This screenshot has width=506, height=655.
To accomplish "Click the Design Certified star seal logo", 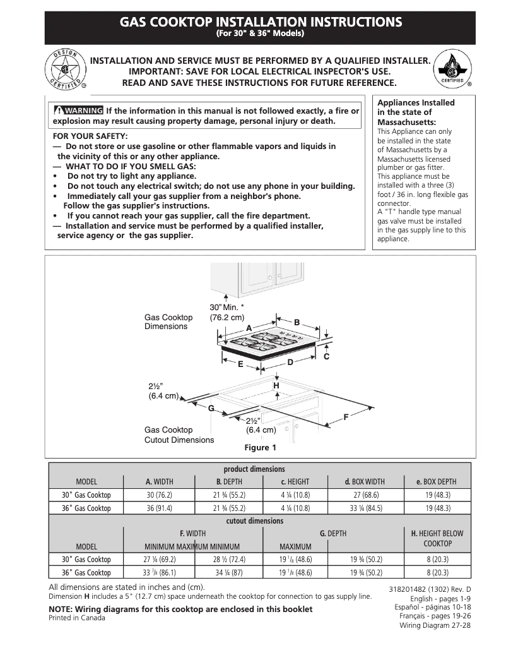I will click(64, 69).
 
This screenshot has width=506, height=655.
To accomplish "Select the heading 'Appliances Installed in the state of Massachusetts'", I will click(415, 112).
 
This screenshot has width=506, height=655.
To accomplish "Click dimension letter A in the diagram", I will click(249, 328).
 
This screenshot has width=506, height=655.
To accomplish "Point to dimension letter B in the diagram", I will click(297, 323).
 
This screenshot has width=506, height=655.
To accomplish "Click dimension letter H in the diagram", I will click(276, 385).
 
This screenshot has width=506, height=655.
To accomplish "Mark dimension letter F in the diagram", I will click(346, 417).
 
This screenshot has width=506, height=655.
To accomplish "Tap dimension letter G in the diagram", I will click(211, 408).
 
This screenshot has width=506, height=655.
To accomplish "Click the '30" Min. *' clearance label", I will click(227, 307).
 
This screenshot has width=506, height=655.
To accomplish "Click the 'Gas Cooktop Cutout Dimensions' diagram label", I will click(179, 435).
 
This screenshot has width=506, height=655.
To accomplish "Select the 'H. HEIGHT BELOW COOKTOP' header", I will click(437, 538).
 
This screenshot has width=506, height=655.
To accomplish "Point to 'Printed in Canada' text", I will click(77, 618).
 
